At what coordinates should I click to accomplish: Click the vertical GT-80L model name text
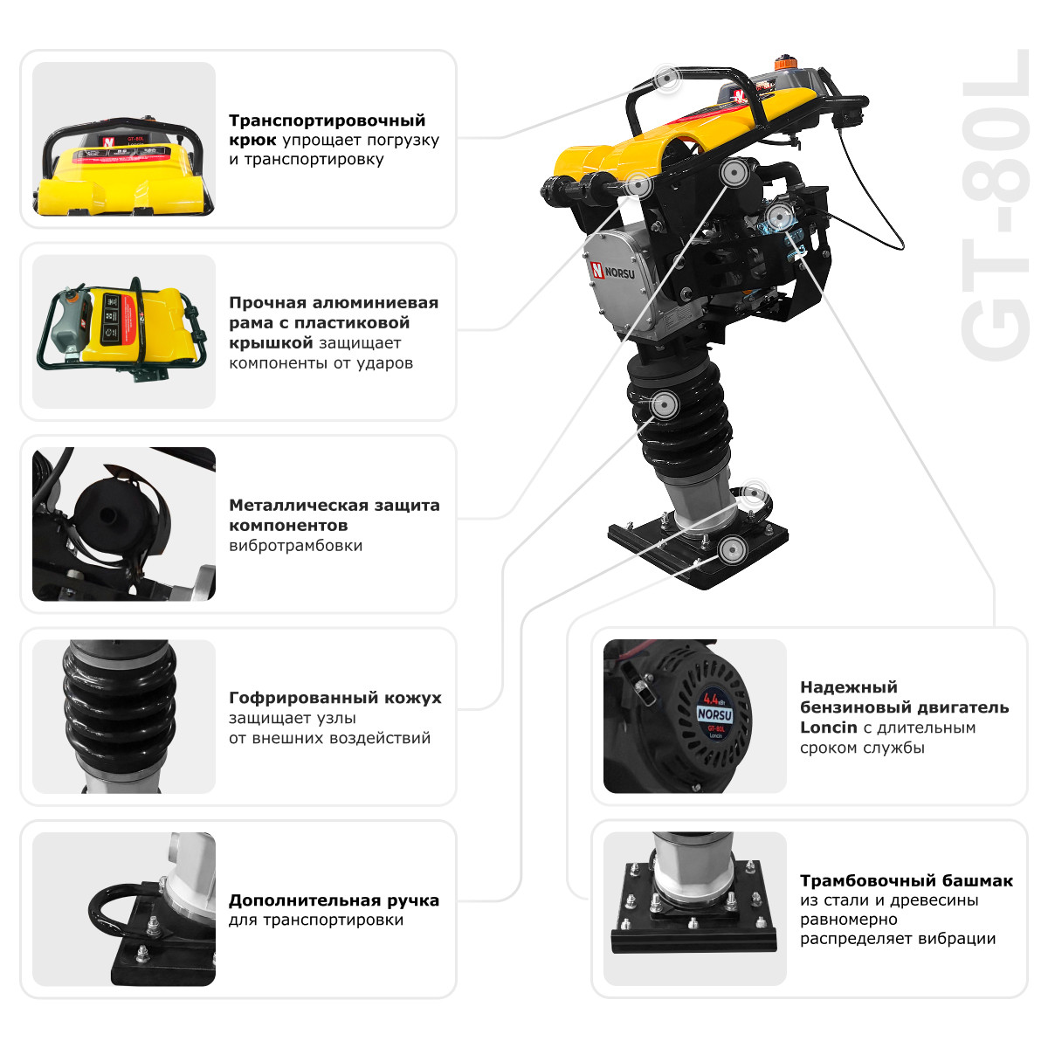point(996,218)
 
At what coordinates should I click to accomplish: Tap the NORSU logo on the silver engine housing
point(621,272)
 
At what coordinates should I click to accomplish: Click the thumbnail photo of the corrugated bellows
point(123,716)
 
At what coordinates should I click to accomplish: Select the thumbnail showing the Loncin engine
point(694,716)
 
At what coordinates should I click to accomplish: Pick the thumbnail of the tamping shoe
point(694,908)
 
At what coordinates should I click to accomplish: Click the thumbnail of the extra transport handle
point(123,908)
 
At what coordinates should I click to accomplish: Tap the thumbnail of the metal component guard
point(123,524)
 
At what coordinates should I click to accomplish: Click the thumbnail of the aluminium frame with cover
point(123,332)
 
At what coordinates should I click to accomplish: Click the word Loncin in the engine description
point(829,727)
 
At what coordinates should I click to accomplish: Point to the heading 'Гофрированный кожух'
point(334,698)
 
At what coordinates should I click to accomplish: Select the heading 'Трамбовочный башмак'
point(906,880)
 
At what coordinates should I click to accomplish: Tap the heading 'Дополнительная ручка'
point(334,900)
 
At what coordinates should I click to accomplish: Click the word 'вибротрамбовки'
point(295,546)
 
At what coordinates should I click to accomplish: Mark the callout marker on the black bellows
point(664,404)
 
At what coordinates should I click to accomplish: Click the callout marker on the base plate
point(731,549)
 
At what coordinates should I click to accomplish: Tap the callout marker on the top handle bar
point(667,79)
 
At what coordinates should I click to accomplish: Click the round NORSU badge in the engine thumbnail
point(714,714)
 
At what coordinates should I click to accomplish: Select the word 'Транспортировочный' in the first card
point(327,121)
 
